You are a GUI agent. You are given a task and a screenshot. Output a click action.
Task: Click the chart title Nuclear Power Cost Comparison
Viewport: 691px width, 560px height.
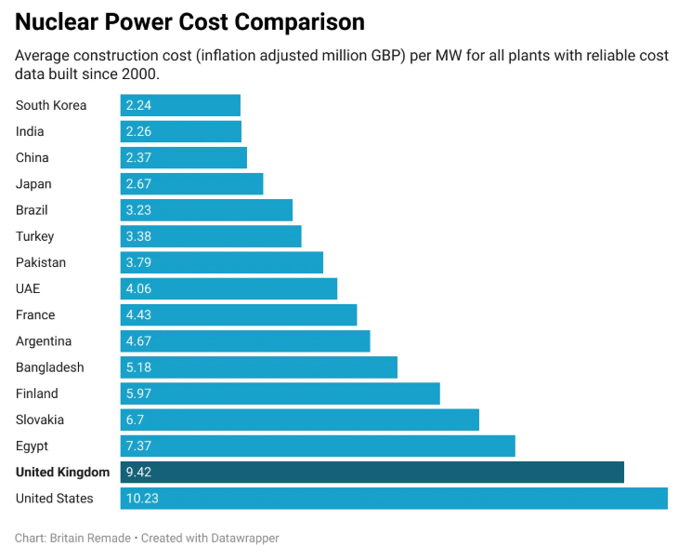pyautogui.click(x=189, y=21)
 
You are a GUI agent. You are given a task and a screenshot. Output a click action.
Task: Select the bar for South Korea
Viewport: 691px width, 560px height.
pyautogui.click(x=180, y=105)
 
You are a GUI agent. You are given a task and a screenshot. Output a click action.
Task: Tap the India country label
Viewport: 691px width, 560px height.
pyautogui.click(x=30, y=131)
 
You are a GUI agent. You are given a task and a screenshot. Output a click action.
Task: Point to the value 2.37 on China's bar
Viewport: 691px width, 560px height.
pyautogui.click(x=139, y=157)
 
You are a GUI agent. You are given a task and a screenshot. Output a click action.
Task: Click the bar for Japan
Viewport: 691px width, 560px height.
pyautogui.click(x=191, y=184)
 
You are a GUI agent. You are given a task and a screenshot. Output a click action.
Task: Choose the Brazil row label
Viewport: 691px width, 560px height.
pyautogui.click(x=32, y=210)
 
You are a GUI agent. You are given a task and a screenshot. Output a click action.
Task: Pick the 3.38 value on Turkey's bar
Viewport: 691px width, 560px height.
pyautogui.click(x=139, y=236)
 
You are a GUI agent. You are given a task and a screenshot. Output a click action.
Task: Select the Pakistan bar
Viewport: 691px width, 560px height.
pyautogui.click(x=221, y=262)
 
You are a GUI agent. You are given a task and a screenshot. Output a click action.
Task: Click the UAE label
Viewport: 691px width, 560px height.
pyautogui.click(x=28, y=288)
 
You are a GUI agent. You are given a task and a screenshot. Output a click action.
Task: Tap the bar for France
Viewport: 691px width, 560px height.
pyautogui.click(x=239, y=314)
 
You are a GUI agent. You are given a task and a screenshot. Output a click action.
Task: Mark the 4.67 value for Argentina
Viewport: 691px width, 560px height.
pyautogui.click(x=139, y=341)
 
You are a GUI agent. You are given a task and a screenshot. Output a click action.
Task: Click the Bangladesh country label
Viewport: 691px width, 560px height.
pyautogui.click(x=49, y=367)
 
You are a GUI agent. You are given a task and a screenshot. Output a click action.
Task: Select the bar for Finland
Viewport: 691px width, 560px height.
pyautogui.click(x=280, y=393)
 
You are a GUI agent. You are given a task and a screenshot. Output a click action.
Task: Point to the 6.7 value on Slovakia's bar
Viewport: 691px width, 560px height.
pyautogui.click(x=136, y=420)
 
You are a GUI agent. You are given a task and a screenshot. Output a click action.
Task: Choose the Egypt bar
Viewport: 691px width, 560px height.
pyautogui.click(x=318, y=446)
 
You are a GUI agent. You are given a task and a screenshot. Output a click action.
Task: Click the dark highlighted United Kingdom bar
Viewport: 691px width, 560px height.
pyautogui.click(x=372, y=473)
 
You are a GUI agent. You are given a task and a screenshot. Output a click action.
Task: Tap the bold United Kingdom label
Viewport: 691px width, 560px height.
pyautogui.click(x=62, y=473)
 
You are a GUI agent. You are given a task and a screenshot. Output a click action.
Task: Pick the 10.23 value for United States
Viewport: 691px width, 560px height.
pyautogui.click(x=142, y=499)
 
